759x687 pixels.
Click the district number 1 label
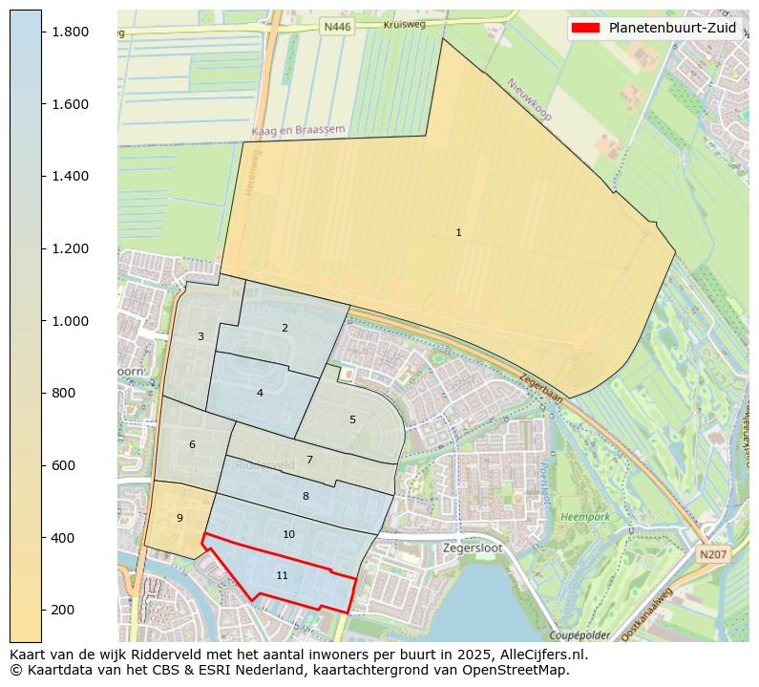click(458, 232)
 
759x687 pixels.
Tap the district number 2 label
click(285, 328)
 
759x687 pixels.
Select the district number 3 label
click(200, 336)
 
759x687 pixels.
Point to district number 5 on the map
click(352, 419)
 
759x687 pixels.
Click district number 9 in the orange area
click(179, 518)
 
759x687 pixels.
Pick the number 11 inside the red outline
click(282, 575)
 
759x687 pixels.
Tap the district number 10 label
click(288, 534)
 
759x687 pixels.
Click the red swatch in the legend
click(585, 28)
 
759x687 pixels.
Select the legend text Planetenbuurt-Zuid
click(672, 28)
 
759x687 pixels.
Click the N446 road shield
click(337, 28)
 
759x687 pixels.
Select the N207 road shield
click(711, 554)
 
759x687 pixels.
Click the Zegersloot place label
click(473, 548)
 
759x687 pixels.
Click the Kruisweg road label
click(404, 25)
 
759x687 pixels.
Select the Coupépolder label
click(580, 635)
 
